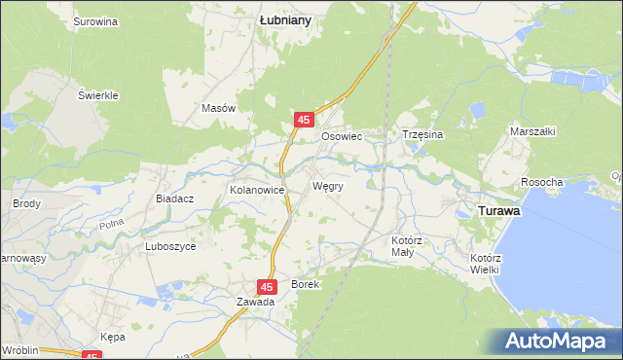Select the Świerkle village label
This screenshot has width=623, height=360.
click(x=98, y=95)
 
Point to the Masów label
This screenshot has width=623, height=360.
click(x=219, y=108)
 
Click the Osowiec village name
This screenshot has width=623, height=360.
click(x=342, y=137)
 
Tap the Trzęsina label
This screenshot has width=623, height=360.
click(x=422, y=136)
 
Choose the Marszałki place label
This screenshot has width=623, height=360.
click(x=532, y=130)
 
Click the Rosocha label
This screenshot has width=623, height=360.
click(x=542, y=182)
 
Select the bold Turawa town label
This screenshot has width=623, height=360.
click(x=496, y=209)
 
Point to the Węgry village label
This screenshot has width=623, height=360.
click(x=327, y=185)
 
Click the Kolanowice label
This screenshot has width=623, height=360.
click(x=256, y=190)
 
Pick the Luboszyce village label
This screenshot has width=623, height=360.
click(x=170, y=246)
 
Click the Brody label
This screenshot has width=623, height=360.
click(x=25, y=203)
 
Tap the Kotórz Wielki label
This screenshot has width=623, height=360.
click(x=485, y=264)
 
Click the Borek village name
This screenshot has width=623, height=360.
click(x=305, y=284)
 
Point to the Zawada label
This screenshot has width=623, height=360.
click(x=255, y=302)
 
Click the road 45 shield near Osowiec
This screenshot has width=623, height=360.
click(x=304, y=120)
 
